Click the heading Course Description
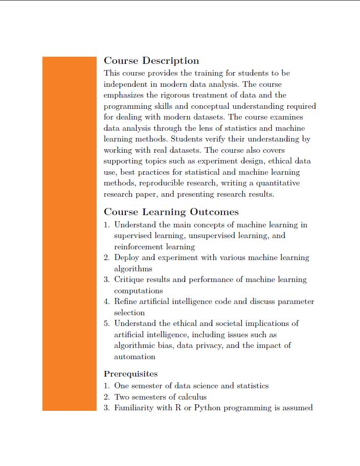(151, 61)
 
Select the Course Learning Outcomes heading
(171, 212)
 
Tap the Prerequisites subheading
(130, 374)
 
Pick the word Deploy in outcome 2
(126, 258)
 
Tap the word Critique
(130, 279)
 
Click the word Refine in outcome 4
(126, 301)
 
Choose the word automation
(134, 357)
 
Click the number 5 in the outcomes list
(106, 323)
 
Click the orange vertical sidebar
(69, 233)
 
